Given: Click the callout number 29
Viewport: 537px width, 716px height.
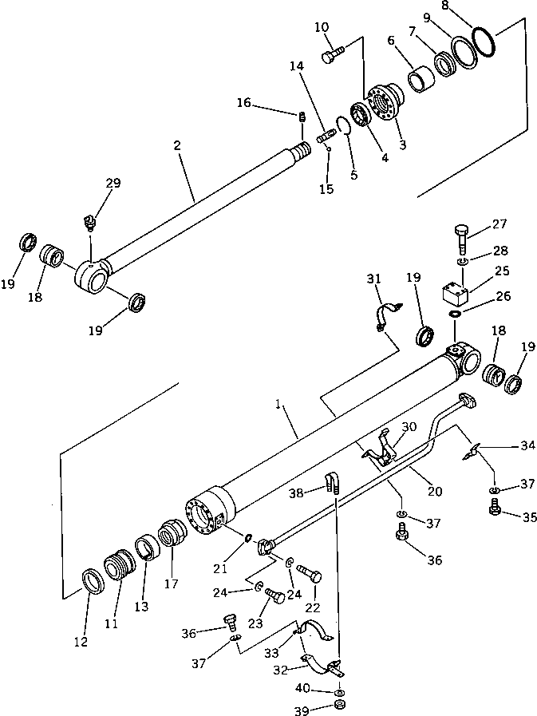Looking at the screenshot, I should [x=113, y=184].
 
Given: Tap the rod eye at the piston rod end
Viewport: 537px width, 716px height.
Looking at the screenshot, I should [x=92, y=279].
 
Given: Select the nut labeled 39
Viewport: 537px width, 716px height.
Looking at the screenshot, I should [x=339, y=707].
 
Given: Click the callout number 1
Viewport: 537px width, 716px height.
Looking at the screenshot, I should [x=279, y=405].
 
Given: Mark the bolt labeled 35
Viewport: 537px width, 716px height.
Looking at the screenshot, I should [x=494, y=507].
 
